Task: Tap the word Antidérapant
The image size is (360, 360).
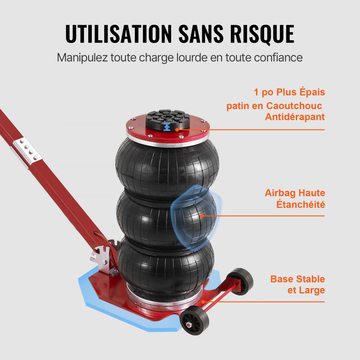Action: pyautogui.click(x=295, y=117)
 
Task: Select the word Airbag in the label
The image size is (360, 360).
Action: pyautogui.click(x=280, y=193)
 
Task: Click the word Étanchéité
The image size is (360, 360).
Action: pyautogui.click(x=300, y=204)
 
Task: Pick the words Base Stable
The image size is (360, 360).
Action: pyautogui.click(x=298, y=279)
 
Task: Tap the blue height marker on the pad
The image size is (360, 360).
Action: pyautogui.click(x=167, y=127)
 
